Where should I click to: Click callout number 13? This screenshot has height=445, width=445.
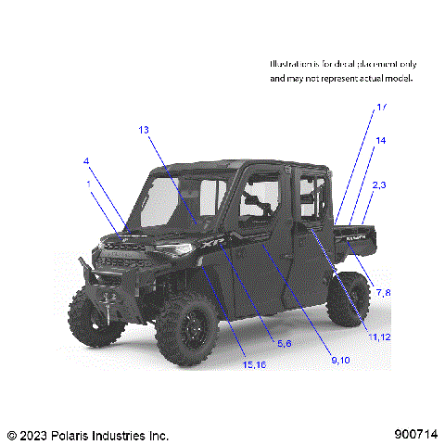pyautogui.click(x=144, y=130)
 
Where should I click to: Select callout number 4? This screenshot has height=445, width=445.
pyautogui.click(x=86, y=161)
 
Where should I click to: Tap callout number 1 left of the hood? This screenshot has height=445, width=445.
pyautogui.click(x=89, y=184)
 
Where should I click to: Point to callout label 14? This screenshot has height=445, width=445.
pyautogui.click(x=380, y=140)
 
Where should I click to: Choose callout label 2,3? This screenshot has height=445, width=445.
pyautogui.click(x=379, y=185)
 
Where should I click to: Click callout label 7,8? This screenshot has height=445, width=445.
pyautogui.click(x=383, y=293)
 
